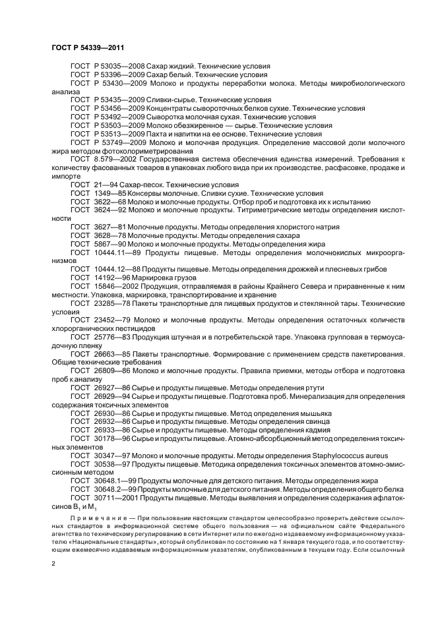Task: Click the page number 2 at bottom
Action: pos(53,564)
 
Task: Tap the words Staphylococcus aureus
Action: pos(348,455)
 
